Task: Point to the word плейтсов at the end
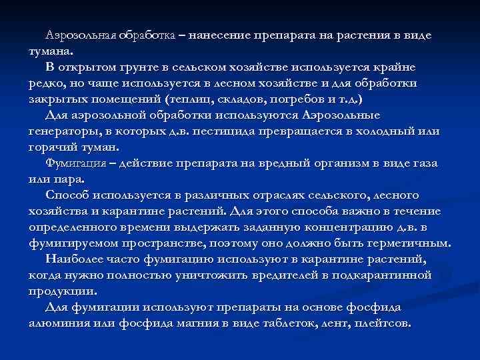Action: (387, 323)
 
